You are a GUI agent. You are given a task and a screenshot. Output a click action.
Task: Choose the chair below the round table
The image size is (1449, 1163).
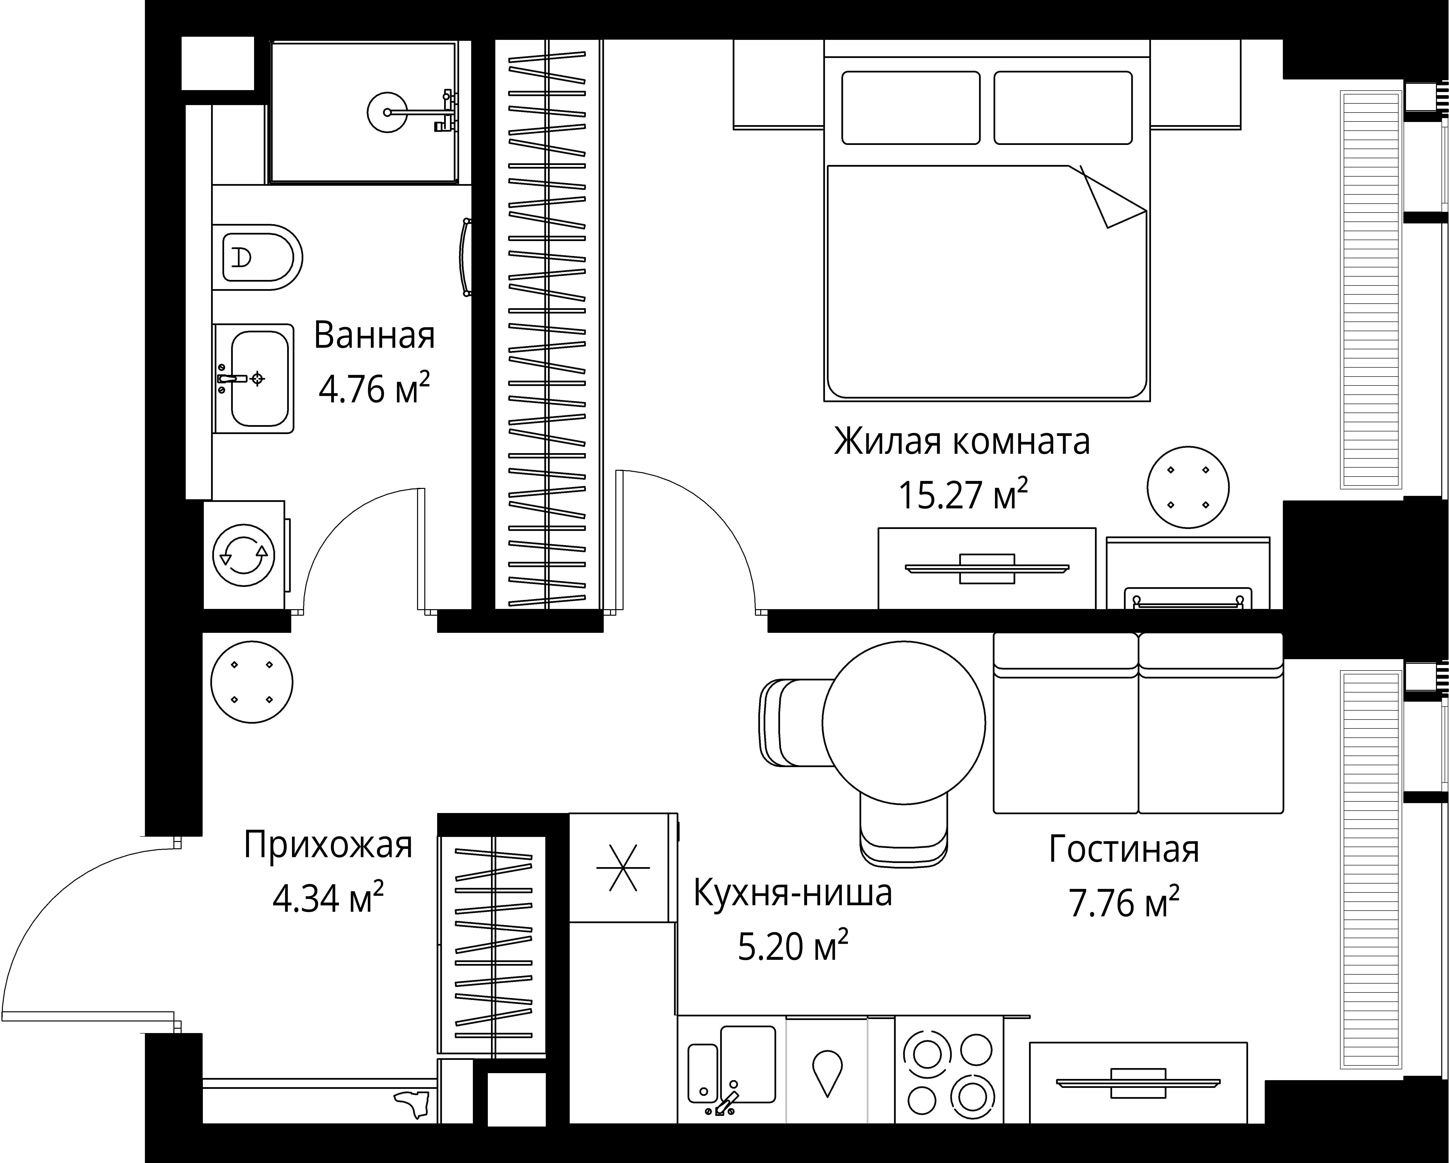pos(904,834)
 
